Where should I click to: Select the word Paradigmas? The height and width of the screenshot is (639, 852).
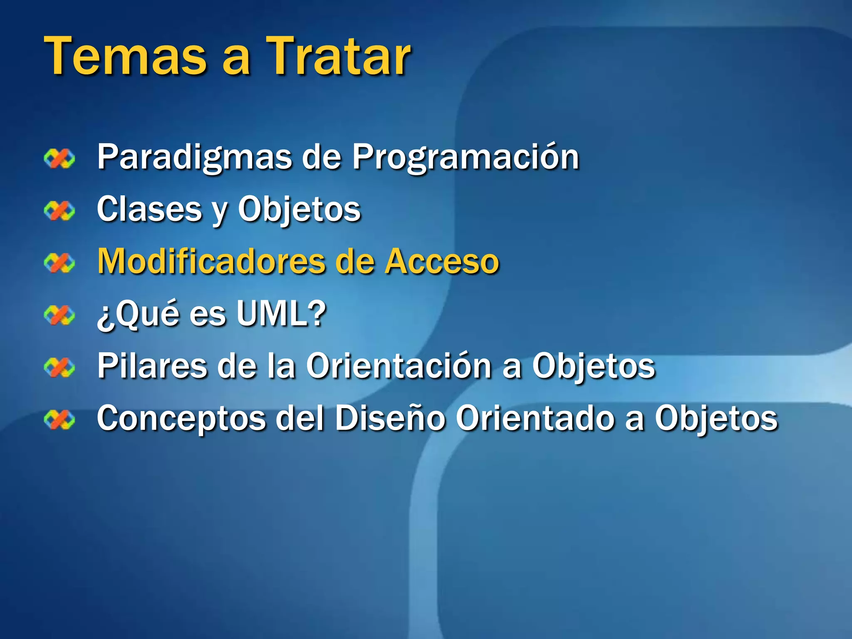194,157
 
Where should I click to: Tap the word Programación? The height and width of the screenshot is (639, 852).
466,157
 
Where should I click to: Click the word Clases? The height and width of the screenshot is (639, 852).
149,209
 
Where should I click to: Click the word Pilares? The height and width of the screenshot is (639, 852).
152,366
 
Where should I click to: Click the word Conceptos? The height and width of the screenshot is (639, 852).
181,419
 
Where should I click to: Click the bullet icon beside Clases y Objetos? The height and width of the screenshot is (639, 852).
59,211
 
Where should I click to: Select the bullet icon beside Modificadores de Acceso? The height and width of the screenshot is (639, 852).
59,263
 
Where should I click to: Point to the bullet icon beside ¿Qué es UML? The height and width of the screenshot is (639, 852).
59,315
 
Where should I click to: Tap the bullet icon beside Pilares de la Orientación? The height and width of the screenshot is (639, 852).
59,367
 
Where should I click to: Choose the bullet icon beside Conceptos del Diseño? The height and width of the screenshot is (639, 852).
59,419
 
